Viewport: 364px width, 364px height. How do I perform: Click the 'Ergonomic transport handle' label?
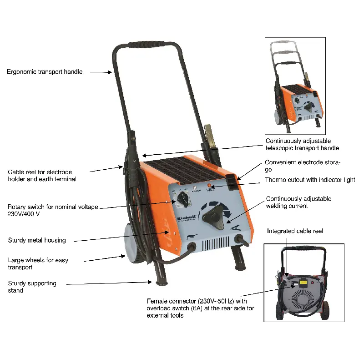click(x=45, y=72)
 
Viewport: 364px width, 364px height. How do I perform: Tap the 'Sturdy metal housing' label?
click(x=37, y=240)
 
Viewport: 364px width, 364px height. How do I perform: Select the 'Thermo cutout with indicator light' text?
click(x=310, y=180)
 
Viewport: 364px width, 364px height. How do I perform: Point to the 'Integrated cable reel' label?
click(x=295, y=231)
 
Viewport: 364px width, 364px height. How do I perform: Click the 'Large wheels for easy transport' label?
click(x=38, y=264)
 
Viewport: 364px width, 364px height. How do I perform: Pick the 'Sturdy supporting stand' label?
click(x=32, y=287)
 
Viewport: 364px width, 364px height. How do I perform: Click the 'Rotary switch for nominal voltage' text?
click(x=53, y=207)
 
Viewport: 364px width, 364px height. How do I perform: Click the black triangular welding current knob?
click(x=213, y=217)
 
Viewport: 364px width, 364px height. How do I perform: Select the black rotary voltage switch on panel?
click(x=183, y=199)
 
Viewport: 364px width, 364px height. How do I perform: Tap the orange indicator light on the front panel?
click(x=209, y=185)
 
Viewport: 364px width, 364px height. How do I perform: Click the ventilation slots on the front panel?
click(x=215, y=244)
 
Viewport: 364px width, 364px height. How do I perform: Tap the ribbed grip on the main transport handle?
click(x=146, y=44)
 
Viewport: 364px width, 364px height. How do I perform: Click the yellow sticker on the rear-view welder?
click(x=303, y=282)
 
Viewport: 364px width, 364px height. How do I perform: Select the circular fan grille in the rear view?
click(x=302, y=298)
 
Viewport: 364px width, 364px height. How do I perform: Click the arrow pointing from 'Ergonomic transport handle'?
click(x=101, y=72)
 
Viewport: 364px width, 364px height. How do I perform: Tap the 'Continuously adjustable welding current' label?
click(x=298, y=202)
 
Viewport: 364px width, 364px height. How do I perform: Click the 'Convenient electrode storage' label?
click(x=303, y=166)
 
